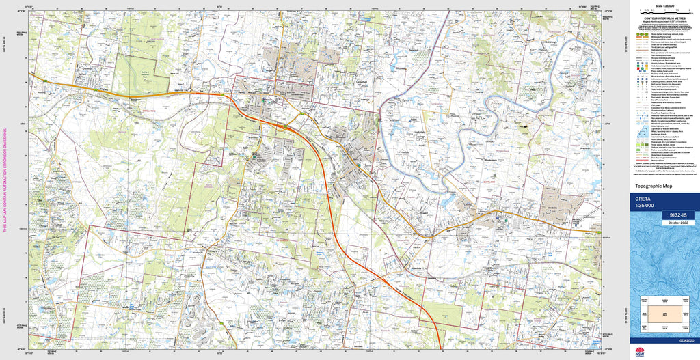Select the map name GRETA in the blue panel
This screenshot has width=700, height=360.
point(644,199)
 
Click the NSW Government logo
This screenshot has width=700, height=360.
point(640,352)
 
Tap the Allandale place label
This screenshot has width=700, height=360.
point(410,268)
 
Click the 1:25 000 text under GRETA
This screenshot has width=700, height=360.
point(645,206)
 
